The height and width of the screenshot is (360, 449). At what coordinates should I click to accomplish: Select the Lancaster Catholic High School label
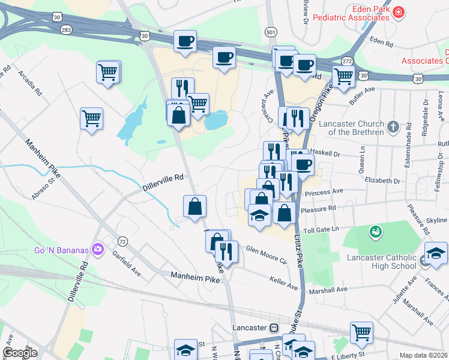pyautogui.click(x=382, y=262)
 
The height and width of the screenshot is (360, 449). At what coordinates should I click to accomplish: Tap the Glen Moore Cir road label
pyautogui.click(x=267, y=254)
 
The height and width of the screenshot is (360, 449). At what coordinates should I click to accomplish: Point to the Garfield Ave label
pyautogui.click(x=126, y=263)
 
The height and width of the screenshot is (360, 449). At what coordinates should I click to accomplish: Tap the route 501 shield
pyautogui.click(x=271, y=32)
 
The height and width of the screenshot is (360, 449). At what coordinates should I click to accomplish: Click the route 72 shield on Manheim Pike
pyautogui.click(x=122, y=241)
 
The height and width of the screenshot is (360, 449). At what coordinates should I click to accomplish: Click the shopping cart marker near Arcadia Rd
pyautogui.click(x=108, y=72)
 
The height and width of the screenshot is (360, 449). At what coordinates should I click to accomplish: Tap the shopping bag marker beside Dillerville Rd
pyautogui.click(x=194, y=208)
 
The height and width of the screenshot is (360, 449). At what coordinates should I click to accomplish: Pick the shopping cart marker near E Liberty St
pyautogui.click(x=361, y=332)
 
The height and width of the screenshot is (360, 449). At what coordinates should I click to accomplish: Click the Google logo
pyautogui.click(x=20, y=353)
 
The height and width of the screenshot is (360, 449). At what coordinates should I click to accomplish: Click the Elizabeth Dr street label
pyautogui.click(x=382, y=181)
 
